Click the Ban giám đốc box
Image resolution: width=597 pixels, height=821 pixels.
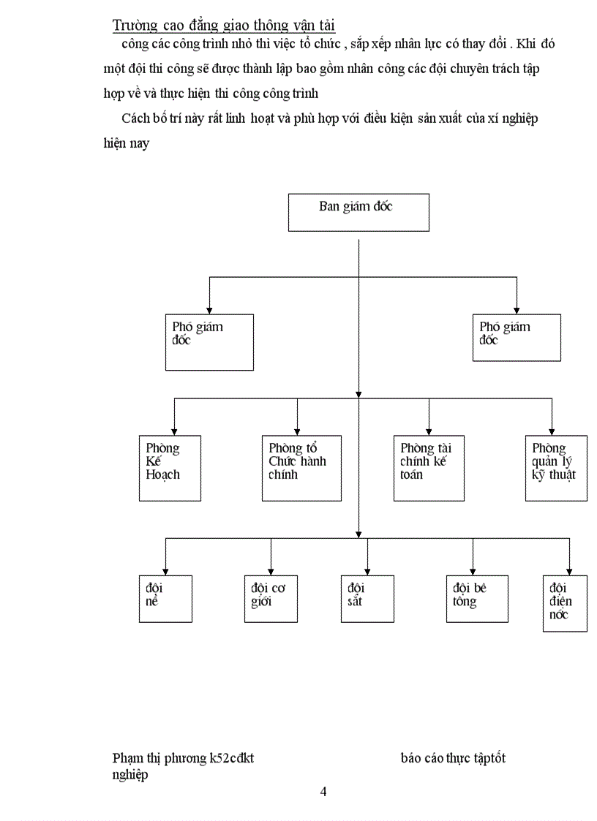tap(358, 212)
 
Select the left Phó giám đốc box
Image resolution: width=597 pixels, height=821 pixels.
tap(209, 342)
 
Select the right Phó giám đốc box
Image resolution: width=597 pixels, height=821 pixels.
tap(517, 338)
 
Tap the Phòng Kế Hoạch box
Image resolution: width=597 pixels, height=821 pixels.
tap(170, 468)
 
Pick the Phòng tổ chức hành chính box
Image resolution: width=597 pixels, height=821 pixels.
tap(301, 468)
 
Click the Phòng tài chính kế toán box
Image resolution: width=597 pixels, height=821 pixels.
tap(429, 468)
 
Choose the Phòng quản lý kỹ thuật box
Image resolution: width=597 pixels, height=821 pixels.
tap(556, 468)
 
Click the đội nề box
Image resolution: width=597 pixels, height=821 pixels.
tap(165, 598)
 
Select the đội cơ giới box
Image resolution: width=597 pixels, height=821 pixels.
tap(271, 598)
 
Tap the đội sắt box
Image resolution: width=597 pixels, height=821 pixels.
tap(367, 598)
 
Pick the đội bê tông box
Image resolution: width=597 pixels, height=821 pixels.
tap(477, 598)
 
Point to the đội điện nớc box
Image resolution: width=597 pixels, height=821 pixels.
tap(565, 603)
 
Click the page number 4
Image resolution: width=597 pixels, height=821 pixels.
tap(323, 792)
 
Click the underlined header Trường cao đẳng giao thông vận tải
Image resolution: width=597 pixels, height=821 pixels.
tap(224, 26)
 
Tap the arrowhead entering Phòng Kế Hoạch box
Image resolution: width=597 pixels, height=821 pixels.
tap(174, 431)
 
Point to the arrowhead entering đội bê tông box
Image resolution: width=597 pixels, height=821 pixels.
tap(473, 571)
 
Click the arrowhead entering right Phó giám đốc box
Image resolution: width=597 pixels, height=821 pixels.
tap(517, 309)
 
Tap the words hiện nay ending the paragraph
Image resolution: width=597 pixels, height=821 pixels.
tap(127, 143)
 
